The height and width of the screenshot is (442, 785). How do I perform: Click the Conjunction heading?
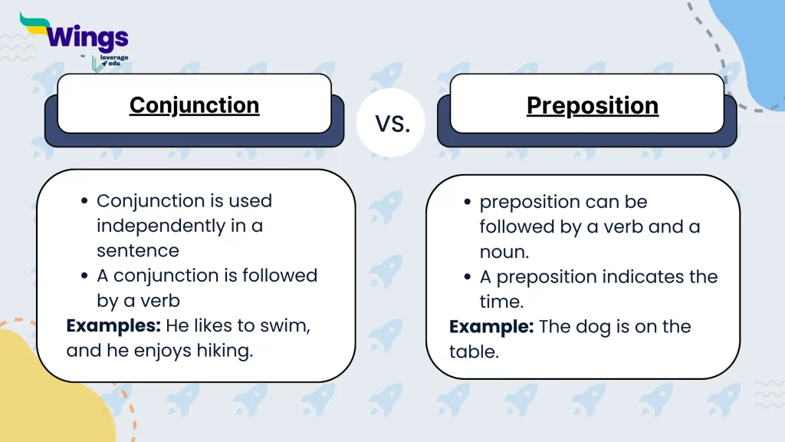(x=194, y=105)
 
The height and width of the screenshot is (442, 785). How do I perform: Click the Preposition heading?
(x=592, y=106)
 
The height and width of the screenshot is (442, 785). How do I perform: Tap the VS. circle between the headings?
(x=392, y=123)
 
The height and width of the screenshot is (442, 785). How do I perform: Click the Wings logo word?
(x=86, y=36)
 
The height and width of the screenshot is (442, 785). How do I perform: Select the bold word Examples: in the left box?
(x=113, y=325)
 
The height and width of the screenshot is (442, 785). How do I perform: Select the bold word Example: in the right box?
(x=491, y=327)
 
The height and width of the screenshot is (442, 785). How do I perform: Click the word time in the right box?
(x=499, y=302)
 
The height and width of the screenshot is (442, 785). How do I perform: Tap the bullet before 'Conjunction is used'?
(x=84, y=202)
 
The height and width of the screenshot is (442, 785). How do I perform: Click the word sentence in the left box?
(x=138, y=251)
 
